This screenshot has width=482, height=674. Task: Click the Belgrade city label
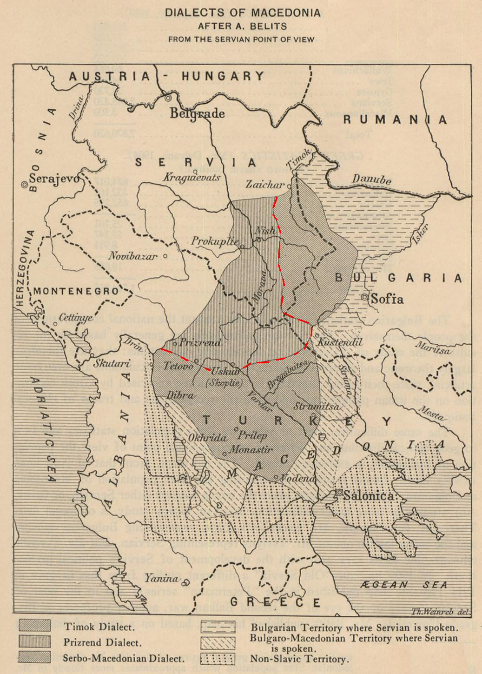point(197,113)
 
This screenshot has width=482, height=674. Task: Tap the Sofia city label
point(387,299)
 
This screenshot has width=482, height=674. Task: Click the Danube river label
point(371,179)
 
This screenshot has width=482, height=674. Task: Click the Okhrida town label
point(207,438)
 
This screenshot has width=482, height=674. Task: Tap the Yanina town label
point(161,579)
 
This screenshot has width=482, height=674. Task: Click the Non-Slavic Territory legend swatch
point(218,659)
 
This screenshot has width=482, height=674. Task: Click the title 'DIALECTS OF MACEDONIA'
point(242,13)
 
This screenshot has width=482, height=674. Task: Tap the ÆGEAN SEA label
point(404,585)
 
